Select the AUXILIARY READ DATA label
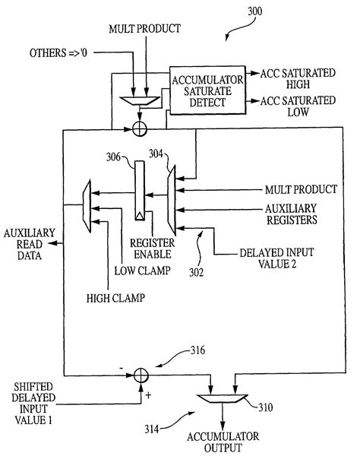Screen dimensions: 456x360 (30, 244)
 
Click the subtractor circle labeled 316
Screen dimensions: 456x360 (139, 374)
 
